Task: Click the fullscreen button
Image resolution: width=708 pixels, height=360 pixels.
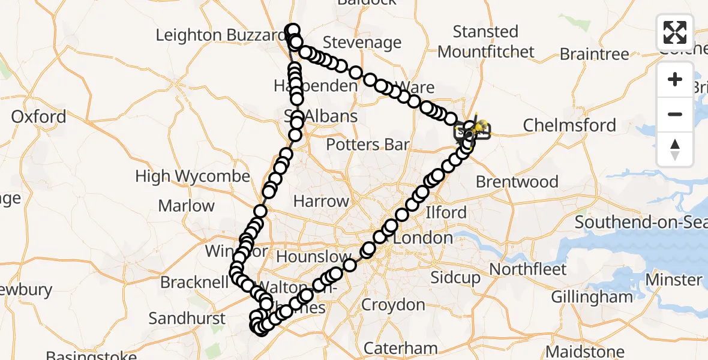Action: [x=675, y=32]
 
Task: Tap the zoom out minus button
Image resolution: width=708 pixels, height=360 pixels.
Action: [x=675, y=114]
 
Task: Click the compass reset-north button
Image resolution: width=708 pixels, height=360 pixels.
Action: [x=675, y=149]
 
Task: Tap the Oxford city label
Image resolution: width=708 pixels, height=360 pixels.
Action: [x=38, y=116]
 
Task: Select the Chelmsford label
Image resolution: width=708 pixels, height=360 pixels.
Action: [x=569, y=125]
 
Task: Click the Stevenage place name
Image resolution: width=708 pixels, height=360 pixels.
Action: [x=362, y=43]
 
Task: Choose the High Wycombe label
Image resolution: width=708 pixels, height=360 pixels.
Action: [x=192, y=176]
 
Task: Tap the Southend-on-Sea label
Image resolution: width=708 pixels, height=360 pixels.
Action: [x=641, y=223]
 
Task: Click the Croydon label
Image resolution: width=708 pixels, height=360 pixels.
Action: [x=393, y=305]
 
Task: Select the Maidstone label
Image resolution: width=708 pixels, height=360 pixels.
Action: [x=585, y=352]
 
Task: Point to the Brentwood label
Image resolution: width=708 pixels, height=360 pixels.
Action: [x=517, y=182]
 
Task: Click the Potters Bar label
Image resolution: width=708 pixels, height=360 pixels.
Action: [x=368, y=145]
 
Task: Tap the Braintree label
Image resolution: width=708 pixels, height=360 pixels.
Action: [x=594, y=54]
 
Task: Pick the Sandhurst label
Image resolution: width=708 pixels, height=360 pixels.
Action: [x=187, y=318]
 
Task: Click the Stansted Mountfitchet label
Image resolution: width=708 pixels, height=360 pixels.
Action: [x=486, y=41]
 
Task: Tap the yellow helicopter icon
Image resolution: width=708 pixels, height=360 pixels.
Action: [x=479, y=126]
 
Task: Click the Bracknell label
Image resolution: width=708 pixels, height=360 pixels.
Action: [x=193, y=282]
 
